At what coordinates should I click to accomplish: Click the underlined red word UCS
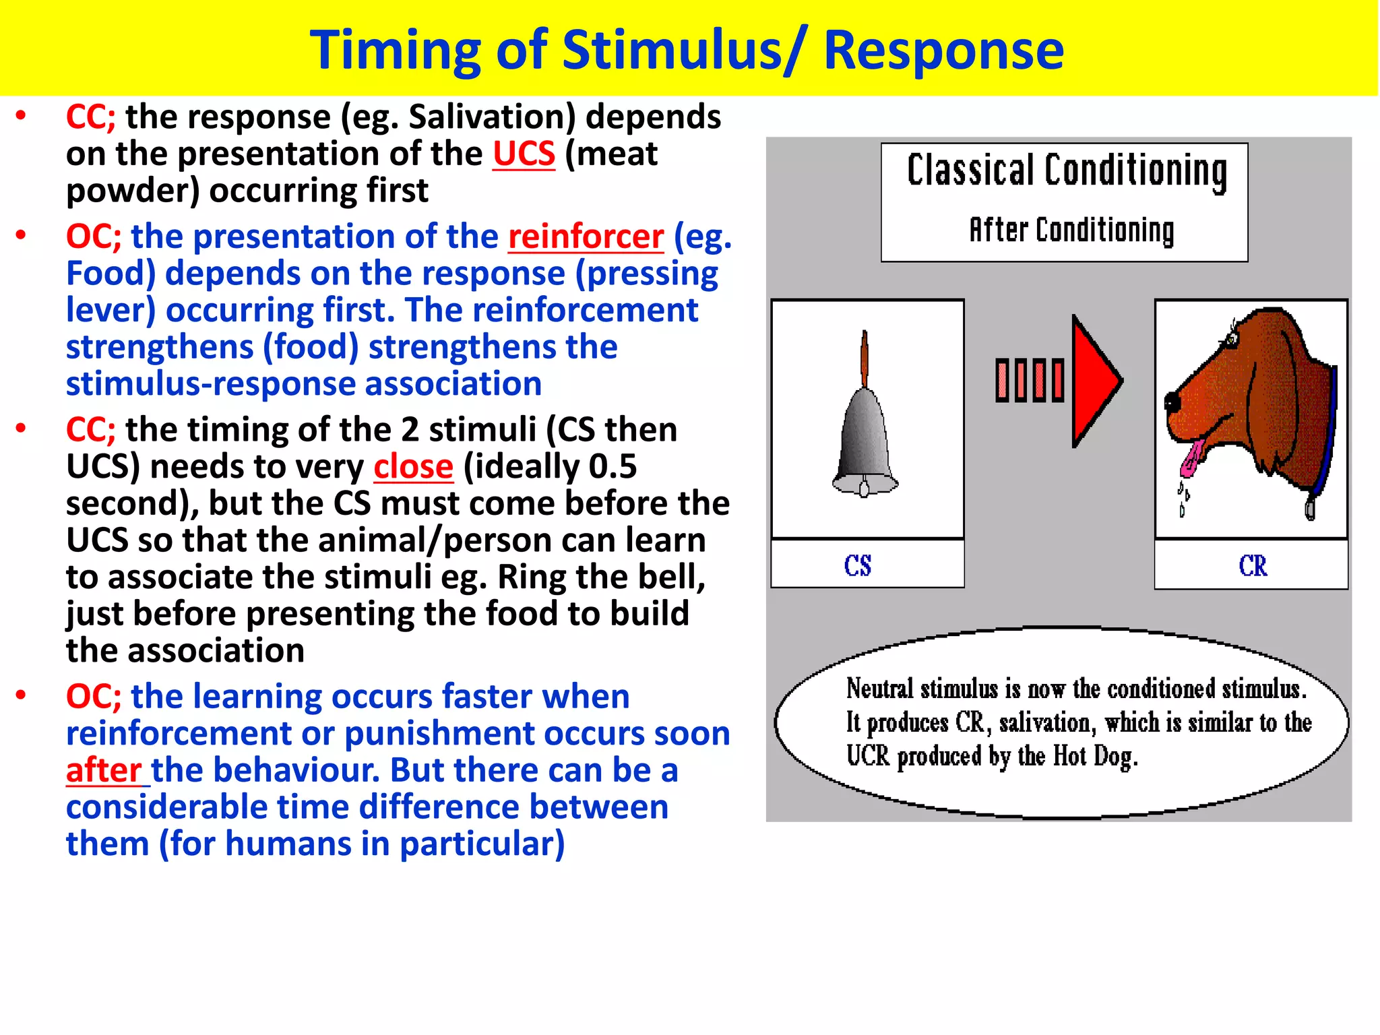click(x=524, y=154)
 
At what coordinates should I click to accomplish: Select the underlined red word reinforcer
click(x=586, y=237)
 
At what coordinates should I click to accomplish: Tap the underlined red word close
click(x=413, y=467)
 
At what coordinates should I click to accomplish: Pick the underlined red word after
click(x=104, y=770)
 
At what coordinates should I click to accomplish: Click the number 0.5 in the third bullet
click(x=613, y=467)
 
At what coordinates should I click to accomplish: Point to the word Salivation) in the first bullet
click(x=492, y=117)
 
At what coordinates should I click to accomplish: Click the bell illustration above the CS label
click(x=865, y=431)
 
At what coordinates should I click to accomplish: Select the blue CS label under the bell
click(x=858, y=565)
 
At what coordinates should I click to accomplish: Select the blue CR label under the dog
click(x=1253, y=565)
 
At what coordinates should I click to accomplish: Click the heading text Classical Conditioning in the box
click(x=1066, y=170)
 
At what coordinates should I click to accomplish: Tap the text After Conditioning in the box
click(x=1071, y=230)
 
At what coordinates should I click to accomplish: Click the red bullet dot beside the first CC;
click(x=22, y=117)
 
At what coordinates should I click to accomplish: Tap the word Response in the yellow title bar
click(x=943, y=51)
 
